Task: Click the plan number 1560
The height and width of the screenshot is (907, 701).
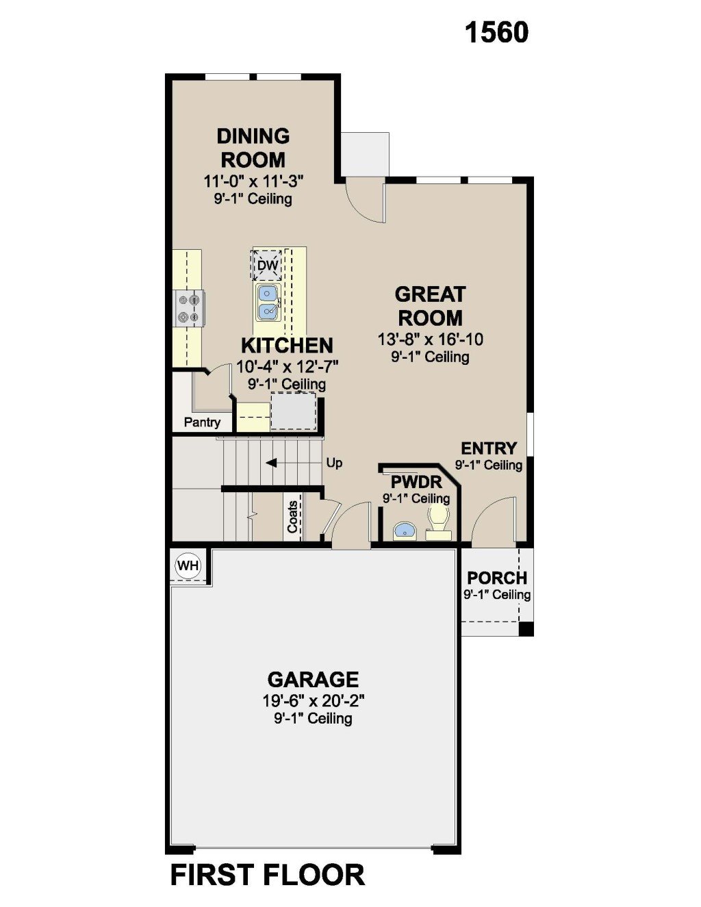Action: pyautogui.click(x=496, y=33)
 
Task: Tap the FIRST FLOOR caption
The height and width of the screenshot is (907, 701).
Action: pyautogui.click(x=268, y=875)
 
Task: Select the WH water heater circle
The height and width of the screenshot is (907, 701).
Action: pyautogui.click(x=188, y=566)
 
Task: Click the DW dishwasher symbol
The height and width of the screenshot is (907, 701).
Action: pyautogui.click(x=267, y=266)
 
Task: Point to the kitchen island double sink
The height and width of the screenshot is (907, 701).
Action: pyautogui.click(x=268, y=303)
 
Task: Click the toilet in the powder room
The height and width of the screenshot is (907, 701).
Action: pyautogui.click(x=439, y=522)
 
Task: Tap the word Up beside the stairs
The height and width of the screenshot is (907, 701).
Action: pyautogui.click(x=334, y=463)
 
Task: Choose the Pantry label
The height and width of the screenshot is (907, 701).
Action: pyautogui.click(x=203, y=422)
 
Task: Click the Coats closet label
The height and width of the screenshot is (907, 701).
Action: pyautogui.click(x=292, y=517)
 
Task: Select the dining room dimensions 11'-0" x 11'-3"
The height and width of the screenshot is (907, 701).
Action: pyautogui.click(x=253, y=181)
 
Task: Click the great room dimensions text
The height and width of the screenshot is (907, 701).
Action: pyautogui.click(x=431, y=340)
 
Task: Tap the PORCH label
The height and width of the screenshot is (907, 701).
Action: pyautogui.click(x=497, y=578)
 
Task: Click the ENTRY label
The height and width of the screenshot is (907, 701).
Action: pyautogui.click(x=489, y=448)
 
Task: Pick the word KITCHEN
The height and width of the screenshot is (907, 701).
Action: pyautogui.click(x=287, y=346)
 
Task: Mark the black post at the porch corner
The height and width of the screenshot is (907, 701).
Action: pyautogui.click(x=526, y=629)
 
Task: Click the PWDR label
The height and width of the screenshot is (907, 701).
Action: pyautogui.click(x=416, y=483)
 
